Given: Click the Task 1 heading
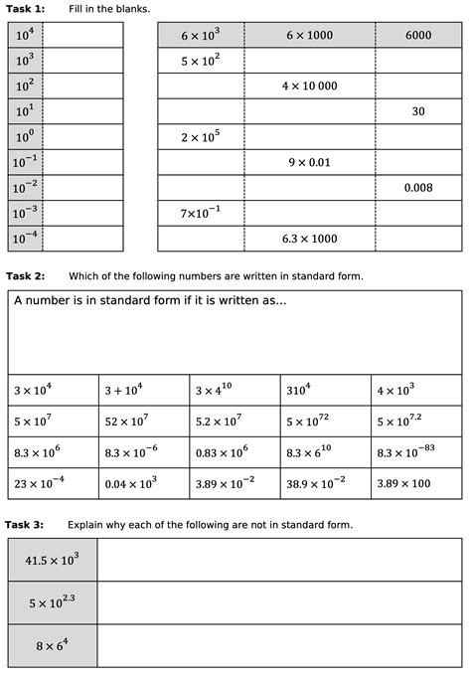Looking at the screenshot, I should point(25,8).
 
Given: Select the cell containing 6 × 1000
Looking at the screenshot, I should point(308,35).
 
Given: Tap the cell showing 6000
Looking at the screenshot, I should point(418,35).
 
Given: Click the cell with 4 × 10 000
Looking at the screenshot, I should point(308,86).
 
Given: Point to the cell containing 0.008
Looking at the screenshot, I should point(418,187).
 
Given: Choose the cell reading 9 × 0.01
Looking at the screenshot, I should point(308,162).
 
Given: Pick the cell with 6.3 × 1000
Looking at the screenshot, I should point(308,239).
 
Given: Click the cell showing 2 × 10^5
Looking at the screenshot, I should point(200,137).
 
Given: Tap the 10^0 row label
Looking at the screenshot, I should point(26,137).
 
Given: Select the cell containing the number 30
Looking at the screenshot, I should point(418,111).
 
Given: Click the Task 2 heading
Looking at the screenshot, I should point(25,275).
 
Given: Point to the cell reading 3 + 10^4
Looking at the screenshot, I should point(143,391).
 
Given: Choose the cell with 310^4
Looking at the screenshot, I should point(326,391).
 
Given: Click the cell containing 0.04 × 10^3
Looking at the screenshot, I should point(143,484).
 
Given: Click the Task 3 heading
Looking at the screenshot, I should point(25,524).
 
